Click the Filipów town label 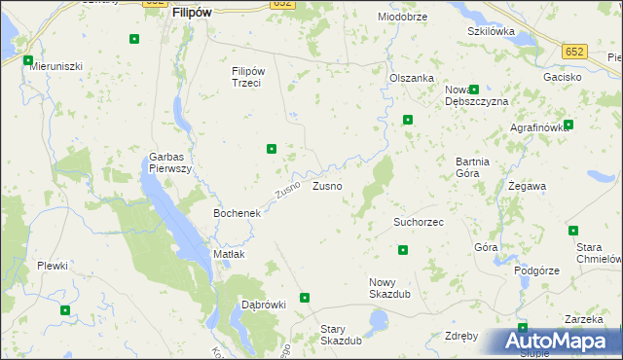point(192,15)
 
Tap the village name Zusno point(326,185)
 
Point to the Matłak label point(229,254)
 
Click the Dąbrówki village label point(263,305)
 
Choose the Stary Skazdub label point(341,335)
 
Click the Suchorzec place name point(419,222)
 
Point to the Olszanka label point(411,78)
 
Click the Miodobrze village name point(403,18)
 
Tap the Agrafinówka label point(537,127)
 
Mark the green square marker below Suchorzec point(403,250)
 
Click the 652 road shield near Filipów point(282,4)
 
